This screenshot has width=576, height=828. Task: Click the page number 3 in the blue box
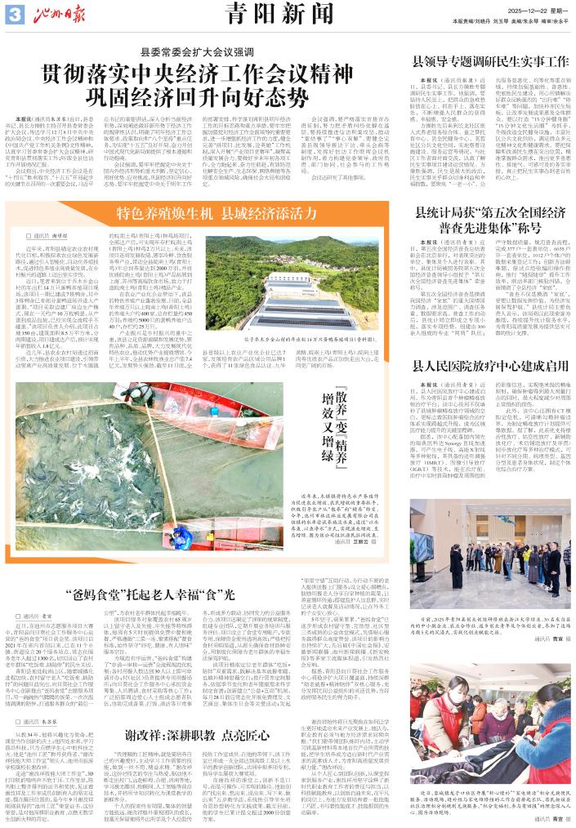[13, 10]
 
